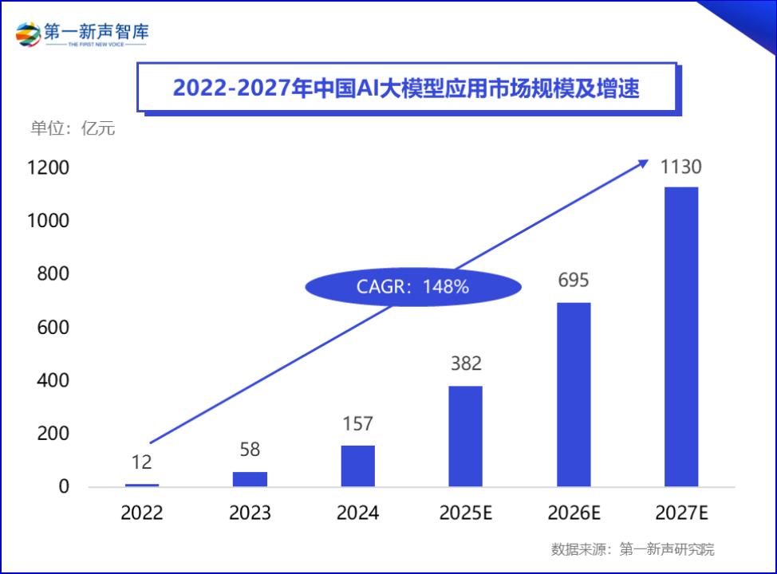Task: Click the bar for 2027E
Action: (x=680, y=336)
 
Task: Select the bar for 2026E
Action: (x=573, y=395)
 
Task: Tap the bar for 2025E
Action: (x=465, y=436)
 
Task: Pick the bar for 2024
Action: (x=357, y=466)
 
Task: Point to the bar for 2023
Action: (x=250, y=478)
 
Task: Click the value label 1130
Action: (x=680, y=167)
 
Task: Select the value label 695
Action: (x=573, y=281)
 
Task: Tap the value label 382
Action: (x=465, y=364)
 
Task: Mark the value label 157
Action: (x=357, y=423)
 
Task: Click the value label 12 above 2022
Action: (x=142, y=462)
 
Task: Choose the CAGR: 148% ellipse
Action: (x=412, y=287)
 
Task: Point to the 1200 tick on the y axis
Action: (x=48, y=167)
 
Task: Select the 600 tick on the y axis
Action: (x=53, y=328)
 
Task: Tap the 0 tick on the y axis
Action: (x=64, y=487)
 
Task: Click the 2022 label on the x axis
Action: (x=142, y=513)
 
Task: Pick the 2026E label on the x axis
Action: (x=573, y=513)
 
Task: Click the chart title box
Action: (x=406, y=88)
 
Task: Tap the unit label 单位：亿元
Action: (x=73, y=128)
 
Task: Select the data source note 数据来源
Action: (x=632, y=549)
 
